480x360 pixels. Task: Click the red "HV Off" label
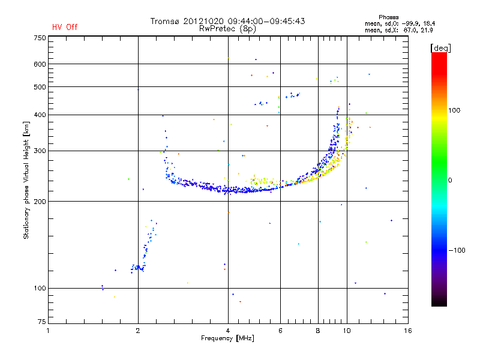65,27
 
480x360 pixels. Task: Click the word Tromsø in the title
164,21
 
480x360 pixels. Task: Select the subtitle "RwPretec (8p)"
227,29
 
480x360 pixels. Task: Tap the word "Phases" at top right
388,17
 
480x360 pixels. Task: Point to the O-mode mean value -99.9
410,23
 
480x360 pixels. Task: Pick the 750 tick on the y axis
40,38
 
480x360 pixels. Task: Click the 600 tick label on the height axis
40,64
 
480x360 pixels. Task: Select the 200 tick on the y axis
40,202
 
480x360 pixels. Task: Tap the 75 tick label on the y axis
42,322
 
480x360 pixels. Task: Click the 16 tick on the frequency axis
408,331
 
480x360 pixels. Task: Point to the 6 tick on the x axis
280,331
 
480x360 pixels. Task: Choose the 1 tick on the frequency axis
48,331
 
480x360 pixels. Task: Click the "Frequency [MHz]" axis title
227,338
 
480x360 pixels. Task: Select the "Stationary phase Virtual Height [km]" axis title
26,180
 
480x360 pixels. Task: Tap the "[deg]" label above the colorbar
440,48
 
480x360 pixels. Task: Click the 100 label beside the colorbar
454,110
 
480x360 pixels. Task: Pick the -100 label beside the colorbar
457,250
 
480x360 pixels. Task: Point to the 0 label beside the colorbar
450,181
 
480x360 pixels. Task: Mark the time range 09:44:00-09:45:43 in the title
266,21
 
